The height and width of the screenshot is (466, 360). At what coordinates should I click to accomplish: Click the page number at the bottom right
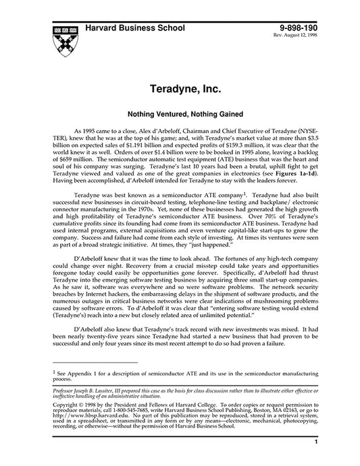pyautogui.click(x=315, y=442)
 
